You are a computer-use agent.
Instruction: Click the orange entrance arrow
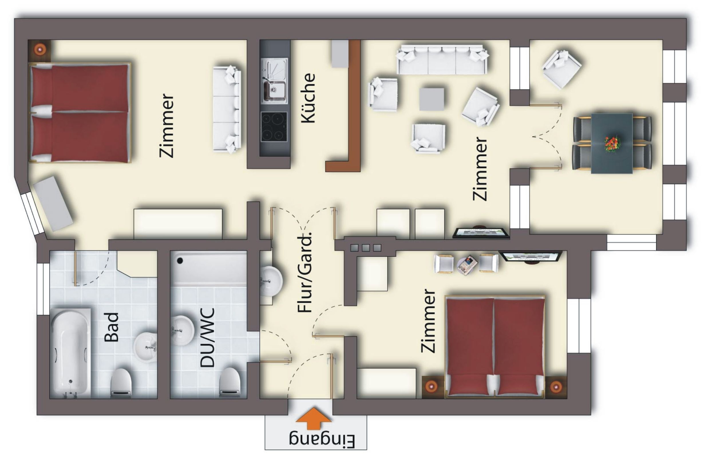point(314,418)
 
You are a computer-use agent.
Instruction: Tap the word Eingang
point(322,441)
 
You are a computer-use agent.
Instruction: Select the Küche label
point(308,98)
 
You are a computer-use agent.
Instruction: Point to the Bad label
point(112,327)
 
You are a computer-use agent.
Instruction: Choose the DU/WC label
point(207,337)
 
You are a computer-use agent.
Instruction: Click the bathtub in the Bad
point(71,352)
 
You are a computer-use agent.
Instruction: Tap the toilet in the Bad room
point(121,383)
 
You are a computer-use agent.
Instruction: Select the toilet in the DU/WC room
point(230,383)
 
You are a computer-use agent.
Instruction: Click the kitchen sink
point(274,81)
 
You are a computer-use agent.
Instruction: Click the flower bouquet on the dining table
point(612,144)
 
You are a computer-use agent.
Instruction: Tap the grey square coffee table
point(432,99)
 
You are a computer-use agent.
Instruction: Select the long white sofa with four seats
point(442,60)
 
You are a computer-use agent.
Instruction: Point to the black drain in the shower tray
point(180,260)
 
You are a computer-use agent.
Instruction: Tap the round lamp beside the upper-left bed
point(39,50)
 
